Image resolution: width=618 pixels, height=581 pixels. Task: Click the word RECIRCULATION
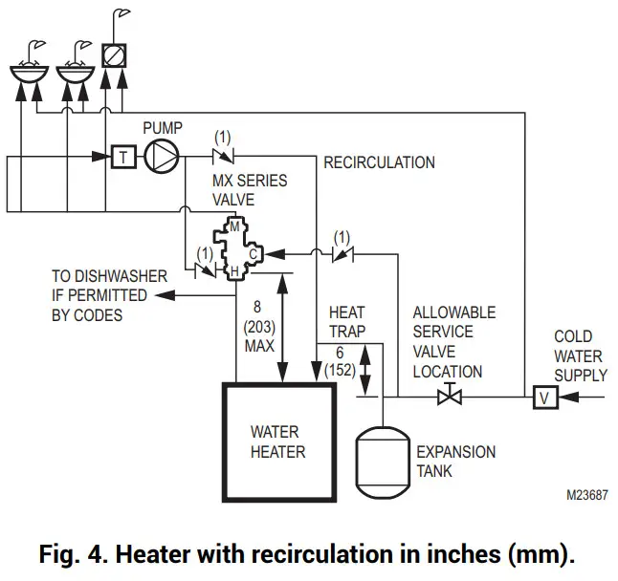tap(379, 162)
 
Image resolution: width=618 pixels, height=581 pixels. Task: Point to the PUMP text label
tap(163, 126)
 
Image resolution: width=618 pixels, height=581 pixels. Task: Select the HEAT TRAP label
tap(346, 322)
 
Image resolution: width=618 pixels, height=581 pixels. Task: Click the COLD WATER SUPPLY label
tap(580, 355)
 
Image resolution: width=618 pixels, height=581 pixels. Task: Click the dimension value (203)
tap(258, 327)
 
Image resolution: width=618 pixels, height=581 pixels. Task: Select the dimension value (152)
tap(342, 369)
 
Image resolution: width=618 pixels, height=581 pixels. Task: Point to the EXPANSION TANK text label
tap(455, 461)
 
